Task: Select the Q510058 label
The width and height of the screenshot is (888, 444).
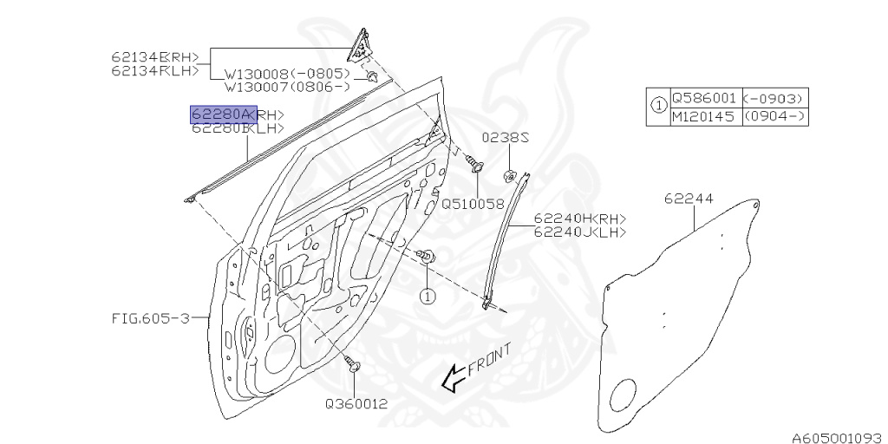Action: (x=473, y=204)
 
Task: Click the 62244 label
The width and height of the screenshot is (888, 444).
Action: (x=689, y=199)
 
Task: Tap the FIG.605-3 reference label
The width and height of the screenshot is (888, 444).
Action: (x=150, y=317)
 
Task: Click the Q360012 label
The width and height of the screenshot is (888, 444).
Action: (x=356, y=403)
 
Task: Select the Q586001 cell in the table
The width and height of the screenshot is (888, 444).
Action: (x=704, y=98)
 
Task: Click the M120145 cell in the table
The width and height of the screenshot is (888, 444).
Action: (x=704, y=115)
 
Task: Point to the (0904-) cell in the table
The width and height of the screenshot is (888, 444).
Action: (x=774, y=115)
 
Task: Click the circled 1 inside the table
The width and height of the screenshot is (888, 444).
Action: (x=658, y=107)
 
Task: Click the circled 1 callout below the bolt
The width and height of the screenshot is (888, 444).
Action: (x=427, y=296)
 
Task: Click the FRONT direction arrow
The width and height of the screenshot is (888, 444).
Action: (x=452, y=377)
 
